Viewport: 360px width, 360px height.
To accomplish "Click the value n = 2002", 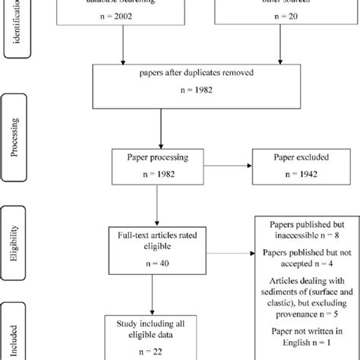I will [x=125, y=25].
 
